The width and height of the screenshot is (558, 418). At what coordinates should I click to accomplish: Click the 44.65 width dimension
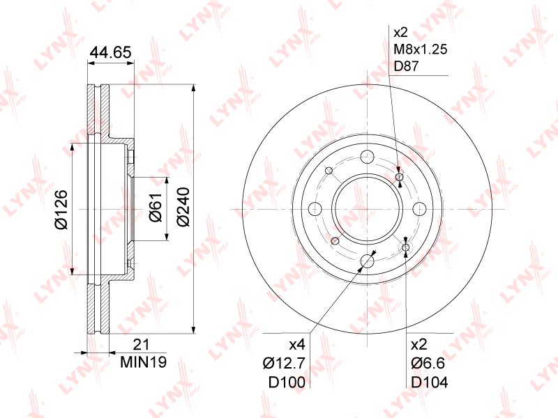click(x=111, y=52)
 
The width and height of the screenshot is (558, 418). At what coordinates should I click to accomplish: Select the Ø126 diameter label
click(x=61, y=210)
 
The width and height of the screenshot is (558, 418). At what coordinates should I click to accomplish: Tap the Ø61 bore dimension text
click(x=156, y=208)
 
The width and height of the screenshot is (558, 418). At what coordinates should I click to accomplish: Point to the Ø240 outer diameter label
click(x=183, y=207)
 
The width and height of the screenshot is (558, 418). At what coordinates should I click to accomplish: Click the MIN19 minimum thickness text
click(x=144, y=362)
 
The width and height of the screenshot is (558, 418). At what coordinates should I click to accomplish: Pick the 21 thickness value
click(x=142, y=344)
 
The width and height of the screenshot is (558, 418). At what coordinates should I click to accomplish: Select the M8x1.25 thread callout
click(x=421, y=49)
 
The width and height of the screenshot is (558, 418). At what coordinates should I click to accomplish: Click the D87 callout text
click(x=407, y=66)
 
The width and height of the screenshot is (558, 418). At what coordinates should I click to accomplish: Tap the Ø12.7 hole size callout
click(x=284, y=363)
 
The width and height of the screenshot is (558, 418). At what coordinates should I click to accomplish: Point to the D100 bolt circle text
click(x=287, y=382)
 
